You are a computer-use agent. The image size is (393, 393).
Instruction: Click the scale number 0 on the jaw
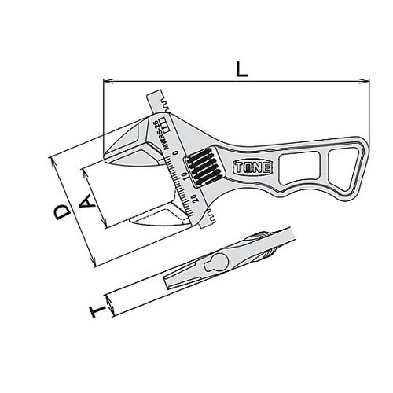[174, 153]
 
